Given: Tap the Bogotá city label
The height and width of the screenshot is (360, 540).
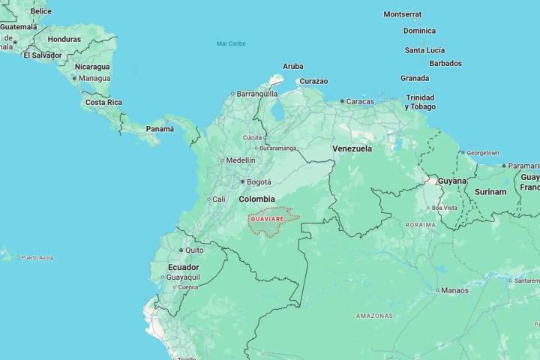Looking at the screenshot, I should (x=259, y=181).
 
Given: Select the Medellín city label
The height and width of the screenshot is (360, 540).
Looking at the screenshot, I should (x=241, y=160).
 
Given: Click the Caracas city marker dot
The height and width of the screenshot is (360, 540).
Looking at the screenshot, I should (x=342, y=101).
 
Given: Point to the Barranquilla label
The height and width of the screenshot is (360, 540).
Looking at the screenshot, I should (x=257, y=94).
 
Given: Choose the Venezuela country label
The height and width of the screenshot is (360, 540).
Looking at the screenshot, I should (x=352, y=148).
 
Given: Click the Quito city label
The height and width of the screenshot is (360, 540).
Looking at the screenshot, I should (x=194, y=250).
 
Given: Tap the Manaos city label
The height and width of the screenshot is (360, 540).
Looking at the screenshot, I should (x=454, y=290).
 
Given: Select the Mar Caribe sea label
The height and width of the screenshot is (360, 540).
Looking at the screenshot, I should (x=231, y=43).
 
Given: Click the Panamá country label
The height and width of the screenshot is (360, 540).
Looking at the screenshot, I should (x=160, y=129).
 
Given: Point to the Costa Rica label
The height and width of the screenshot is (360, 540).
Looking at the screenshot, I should (x=103, y=102).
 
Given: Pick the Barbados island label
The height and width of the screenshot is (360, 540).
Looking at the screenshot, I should (x=445, y=63).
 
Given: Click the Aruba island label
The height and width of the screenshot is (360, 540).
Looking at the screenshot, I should (x=293, y=67).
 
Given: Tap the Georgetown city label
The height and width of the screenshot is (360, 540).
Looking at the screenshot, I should (x=482, y=153).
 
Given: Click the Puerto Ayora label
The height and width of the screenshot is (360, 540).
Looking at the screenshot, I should (x=37, y=257).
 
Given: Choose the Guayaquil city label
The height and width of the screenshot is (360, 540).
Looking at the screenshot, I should (x=184, y=277).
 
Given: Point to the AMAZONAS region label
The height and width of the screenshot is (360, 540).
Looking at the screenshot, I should (x=375, y=316).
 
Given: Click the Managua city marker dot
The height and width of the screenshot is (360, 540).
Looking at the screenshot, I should (x=74, y=78).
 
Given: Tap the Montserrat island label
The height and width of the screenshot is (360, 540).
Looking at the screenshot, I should (x=403, y=14).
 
